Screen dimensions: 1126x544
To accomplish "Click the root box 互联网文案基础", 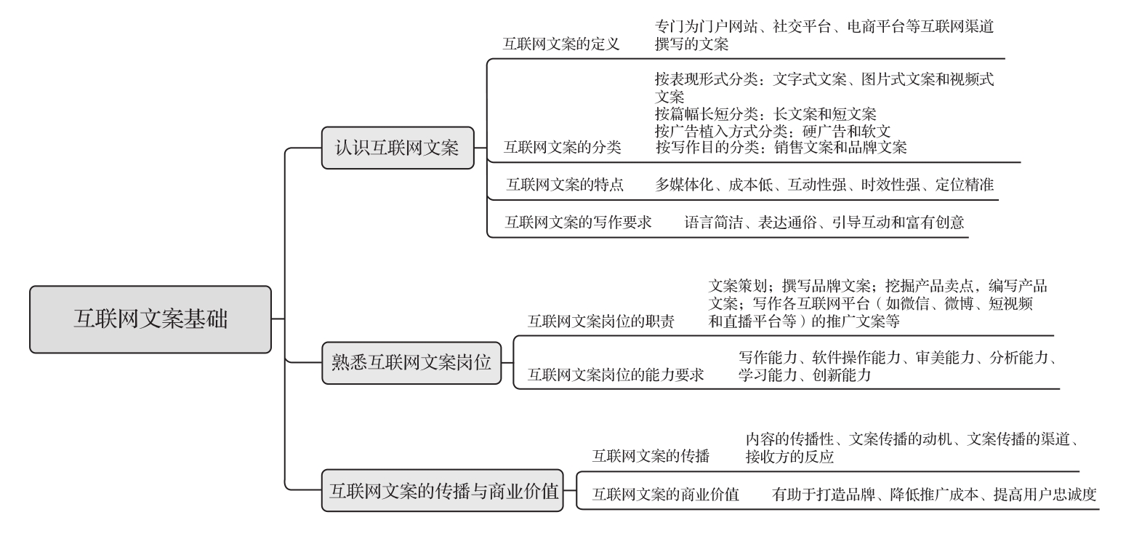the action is tap(150, 319).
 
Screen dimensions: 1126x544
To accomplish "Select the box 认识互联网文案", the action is tap(398, 148).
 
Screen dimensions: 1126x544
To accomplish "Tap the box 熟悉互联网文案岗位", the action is tap(411, 363).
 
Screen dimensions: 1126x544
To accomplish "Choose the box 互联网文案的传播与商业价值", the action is tap(443, 491).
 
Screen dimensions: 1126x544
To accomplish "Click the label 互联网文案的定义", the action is tap(561, 44).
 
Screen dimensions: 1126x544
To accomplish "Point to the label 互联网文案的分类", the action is tap(563, 148).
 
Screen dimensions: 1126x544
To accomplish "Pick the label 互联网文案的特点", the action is tap(565, 185).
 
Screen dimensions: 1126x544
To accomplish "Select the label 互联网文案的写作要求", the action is tap(578, 223).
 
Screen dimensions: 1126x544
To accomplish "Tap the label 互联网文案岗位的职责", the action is tap(600, 321).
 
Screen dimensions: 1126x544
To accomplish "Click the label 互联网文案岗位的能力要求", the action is tap(615, 375).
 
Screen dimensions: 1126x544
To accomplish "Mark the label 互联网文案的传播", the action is tap(651, 456).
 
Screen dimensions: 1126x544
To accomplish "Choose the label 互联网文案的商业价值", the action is tap(666, 495).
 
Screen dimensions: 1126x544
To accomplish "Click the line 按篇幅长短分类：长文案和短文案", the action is tap(765, 114).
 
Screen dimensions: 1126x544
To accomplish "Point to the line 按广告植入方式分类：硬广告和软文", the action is tap(773, 131).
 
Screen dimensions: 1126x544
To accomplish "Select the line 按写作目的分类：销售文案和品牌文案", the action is tap(781, 148).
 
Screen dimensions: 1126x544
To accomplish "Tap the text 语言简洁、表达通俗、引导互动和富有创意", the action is tap(824, 223).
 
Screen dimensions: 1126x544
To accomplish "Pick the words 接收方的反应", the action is tap(789, 457).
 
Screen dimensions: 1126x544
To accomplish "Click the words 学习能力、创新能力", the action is tap(805, 375).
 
